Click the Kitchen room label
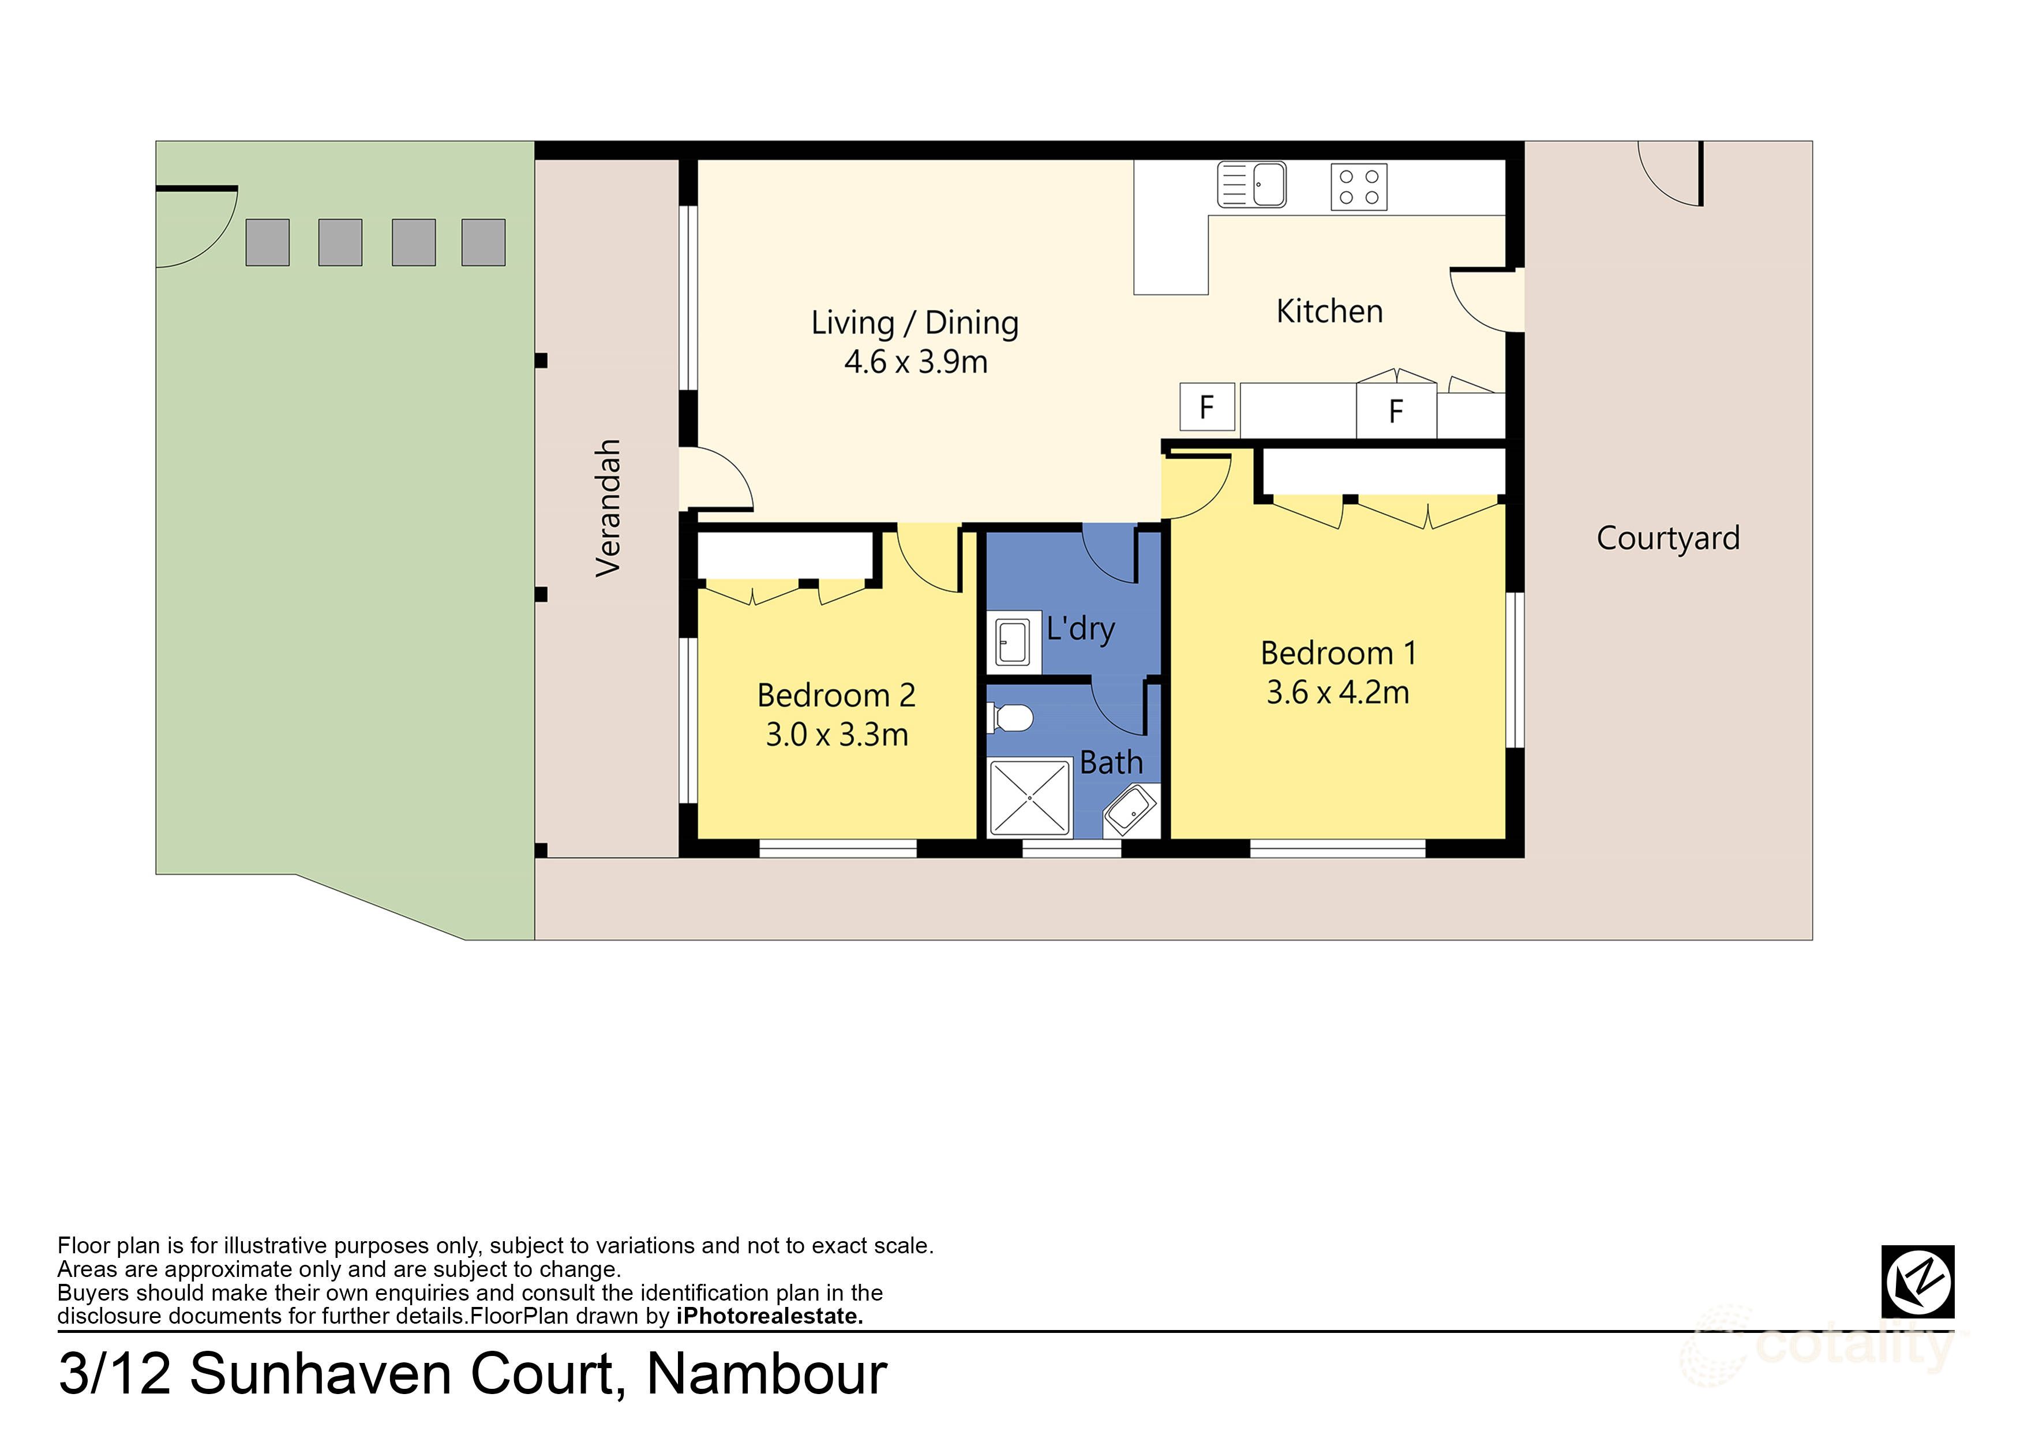1329,311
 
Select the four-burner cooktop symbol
1358,187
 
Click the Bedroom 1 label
1337,653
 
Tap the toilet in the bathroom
1010,718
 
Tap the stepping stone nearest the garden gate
267,242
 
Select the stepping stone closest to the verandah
483,242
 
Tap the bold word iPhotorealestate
769,1316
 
